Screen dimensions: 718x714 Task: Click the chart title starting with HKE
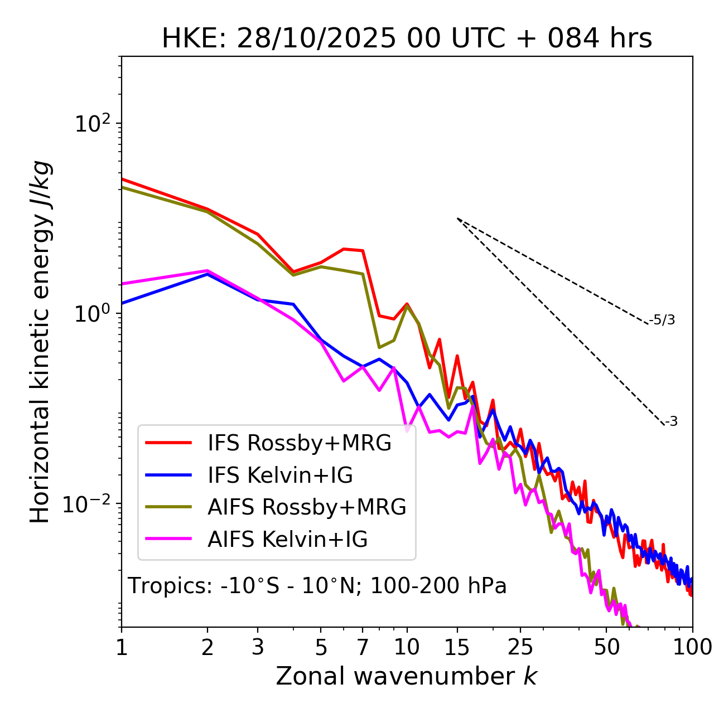pos(407,38)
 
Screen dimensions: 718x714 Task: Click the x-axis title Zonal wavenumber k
pos(406,676)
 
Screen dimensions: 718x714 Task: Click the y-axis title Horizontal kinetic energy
pos(41,342)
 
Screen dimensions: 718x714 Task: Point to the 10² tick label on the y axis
pos(91,123)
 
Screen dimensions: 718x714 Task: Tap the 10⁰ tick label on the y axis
pos(91,314)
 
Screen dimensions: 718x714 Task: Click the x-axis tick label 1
pos(122,647)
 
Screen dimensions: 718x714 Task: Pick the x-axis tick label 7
pos(363,647)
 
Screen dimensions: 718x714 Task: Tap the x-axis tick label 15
pos(457,647)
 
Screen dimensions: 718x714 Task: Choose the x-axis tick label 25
pos(520,647)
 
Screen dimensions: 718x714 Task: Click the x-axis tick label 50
pos(606,647)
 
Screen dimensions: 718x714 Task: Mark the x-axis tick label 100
pos(692,647)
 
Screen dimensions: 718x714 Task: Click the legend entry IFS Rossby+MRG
pos(299,443)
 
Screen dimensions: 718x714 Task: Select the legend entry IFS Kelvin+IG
pos(280,475)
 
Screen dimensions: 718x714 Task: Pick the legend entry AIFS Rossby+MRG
pos(307,507)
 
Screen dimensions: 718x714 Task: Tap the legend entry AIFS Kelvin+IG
pos(287,539)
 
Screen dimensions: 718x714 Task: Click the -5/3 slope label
pos(662,320)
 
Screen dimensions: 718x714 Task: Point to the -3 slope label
pos(671,421)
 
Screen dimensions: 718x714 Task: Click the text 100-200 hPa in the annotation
pos(438,586)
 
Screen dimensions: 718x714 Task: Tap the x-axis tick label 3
pos(258,647)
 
